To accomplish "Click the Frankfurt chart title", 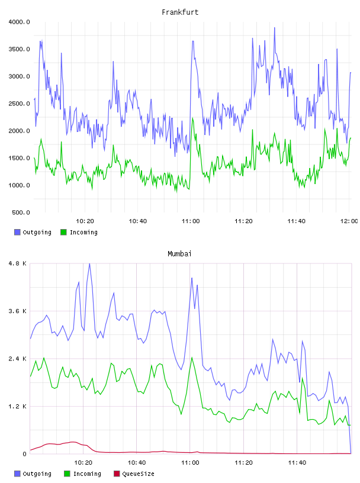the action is click(x=180, y=12).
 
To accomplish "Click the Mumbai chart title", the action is click(x=179, y=254).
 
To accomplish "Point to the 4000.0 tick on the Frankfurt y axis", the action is click(x=20, y=22).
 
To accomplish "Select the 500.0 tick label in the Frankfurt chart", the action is click(x=21, y=212).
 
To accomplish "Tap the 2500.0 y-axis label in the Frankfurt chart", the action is click(x=20, y=104).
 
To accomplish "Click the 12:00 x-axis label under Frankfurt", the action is click(x=349, y=221).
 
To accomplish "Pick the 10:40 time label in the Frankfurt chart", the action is click(x=138, y=221).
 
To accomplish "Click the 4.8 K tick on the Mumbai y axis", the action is click(x=18, y=263).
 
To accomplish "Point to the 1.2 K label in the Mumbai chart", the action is click(x=18, y=407).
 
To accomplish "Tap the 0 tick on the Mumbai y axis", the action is click(x=25, y=454).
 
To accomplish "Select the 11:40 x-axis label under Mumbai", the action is click(x=297, y=463).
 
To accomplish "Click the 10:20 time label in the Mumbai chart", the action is click(x=83, y=463).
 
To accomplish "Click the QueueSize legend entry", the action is click(x=134, y=474).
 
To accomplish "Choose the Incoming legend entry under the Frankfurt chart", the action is click(x=79, y=232).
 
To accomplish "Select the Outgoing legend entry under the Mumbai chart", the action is click(x=33, y=474).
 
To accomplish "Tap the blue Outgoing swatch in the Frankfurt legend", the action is click(x=17, y=232).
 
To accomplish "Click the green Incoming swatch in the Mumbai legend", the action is click(x=67, y=474).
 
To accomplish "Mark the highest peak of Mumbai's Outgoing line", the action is click(x=89, y=263).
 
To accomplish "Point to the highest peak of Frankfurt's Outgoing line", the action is click(x=275, y=28).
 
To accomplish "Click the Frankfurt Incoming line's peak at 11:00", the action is click(x=192, y=118).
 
